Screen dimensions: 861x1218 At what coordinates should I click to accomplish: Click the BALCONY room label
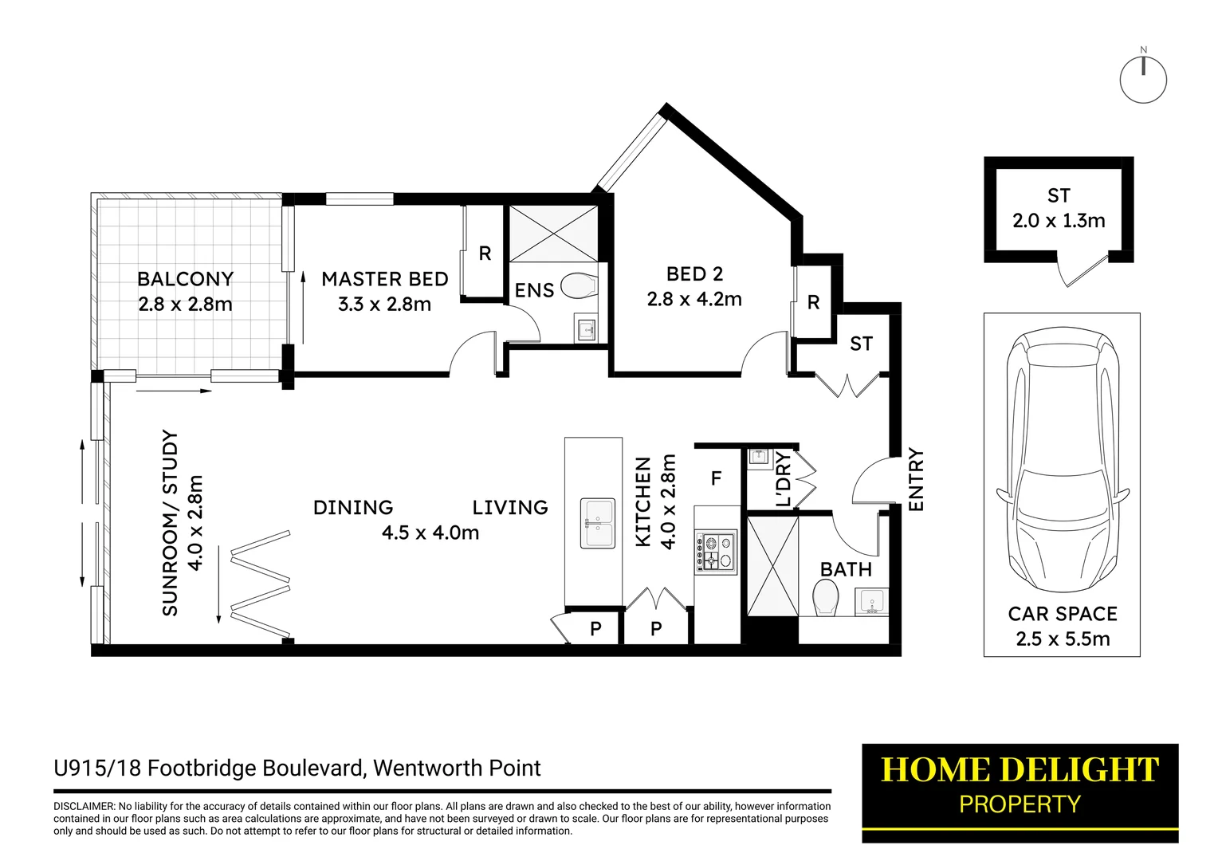tap(185, 279)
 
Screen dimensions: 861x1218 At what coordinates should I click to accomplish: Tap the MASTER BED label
tap(384, 279)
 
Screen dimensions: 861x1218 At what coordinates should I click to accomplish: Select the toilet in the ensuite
tap(580, 285)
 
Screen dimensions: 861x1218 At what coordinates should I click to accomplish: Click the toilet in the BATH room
tap(825, 597)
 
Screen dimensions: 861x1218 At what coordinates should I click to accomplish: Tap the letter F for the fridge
tap(716, 478)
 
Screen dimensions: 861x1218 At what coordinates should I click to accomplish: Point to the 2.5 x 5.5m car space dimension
tap(1063, 639)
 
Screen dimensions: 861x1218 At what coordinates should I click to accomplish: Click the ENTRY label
tap(916, 480)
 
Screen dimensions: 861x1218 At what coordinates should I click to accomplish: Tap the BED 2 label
tap(694, 274)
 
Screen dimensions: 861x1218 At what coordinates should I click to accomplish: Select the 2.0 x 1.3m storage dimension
tap(1059, 221)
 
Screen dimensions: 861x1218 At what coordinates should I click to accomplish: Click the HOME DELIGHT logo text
tap(1020, 770)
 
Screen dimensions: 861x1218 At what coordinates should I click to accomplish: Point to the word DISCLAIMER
tap(84, 807)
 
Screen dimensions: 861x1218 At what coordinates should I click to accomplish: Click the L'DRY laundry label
tap(783, 480)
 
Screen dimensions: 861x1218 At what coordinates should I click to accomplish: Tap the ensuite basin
tap(587, 328)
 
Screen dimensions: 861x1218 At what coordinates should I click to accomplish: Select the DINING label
tap(353, 508)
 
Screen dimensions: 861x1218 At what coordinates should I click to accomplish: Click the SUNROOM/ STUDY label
tap(170, 523)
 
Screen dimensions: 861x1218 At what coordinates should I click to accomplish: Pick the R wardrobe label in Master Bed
tap(485, 254)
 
